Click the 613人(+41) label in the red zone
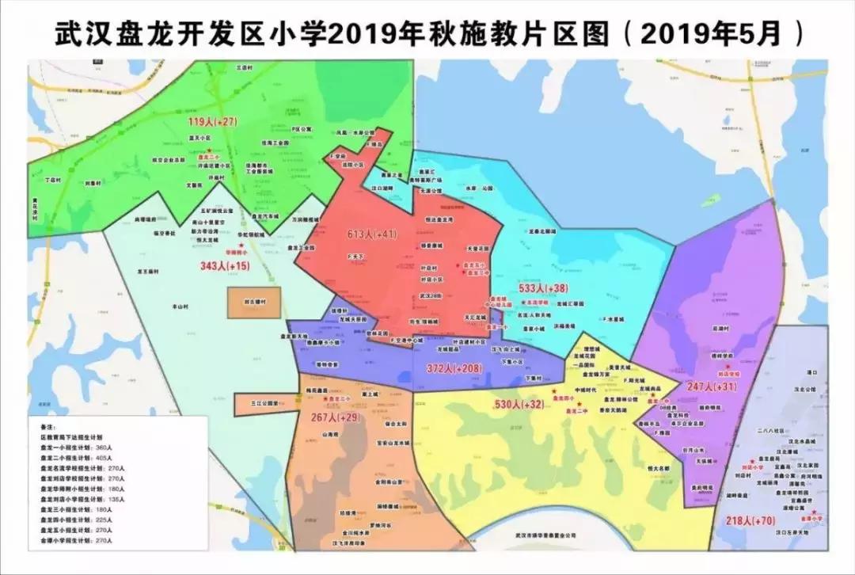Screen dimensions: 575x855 pyautogui.click(x=372, y=234)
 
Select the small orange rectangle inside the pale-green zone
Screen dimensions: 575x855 pyautogui.click(x=254, y=303)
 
